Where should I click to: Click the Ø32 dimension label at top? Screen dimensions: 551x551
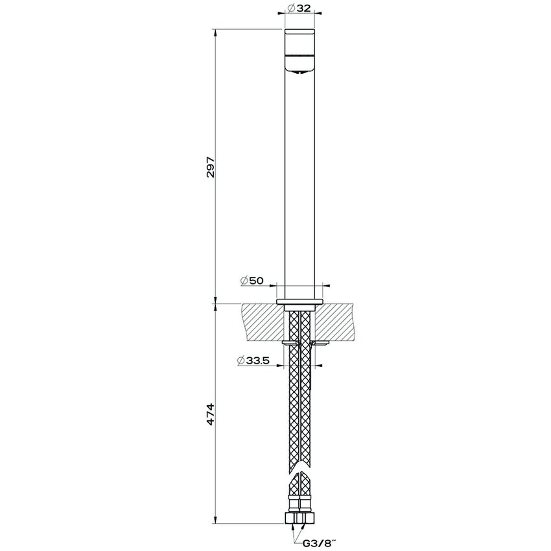[x=301, y=8]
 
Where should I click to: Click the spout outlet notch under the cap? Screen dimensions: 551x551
[x=300, y=73]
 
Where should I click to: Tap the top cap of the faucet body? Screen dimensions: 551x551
[x=300, y=43]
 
